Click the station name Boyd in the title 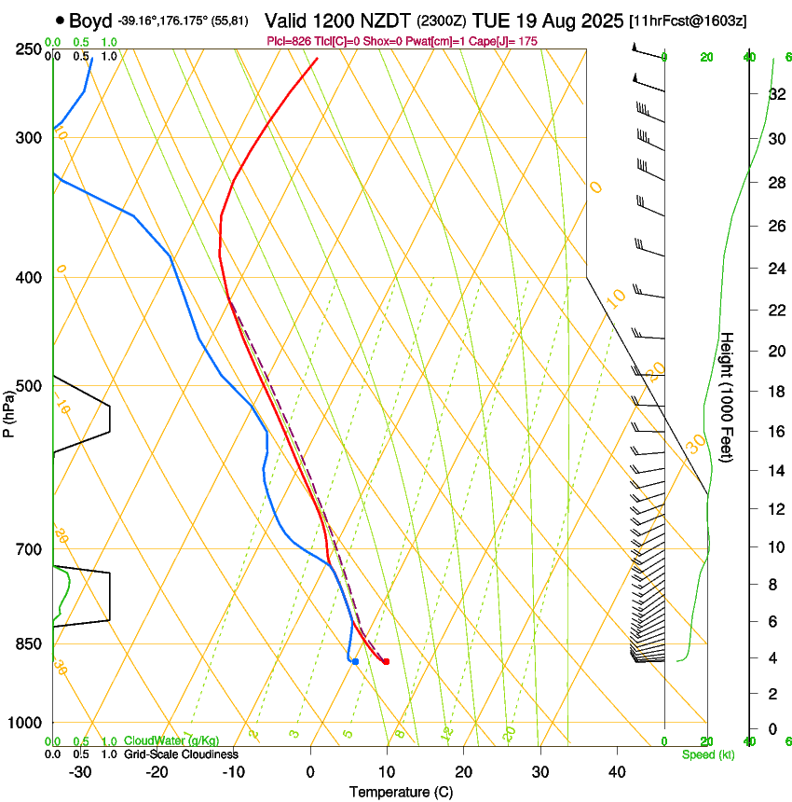point(90,20)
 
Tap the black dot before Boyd point(60,20)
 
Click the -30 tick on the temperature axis point(80,771)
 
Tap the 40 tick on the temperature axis point(616,771)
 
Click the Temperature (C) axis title point(401,792)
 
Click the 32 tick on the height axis point(775,93)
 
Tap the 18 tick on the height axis point(775,392)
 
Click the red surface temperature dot point(386,662)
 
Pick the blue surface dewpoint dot point(355,661)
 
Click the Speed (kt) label point(707,754)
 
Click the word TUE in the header point(491,20)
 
